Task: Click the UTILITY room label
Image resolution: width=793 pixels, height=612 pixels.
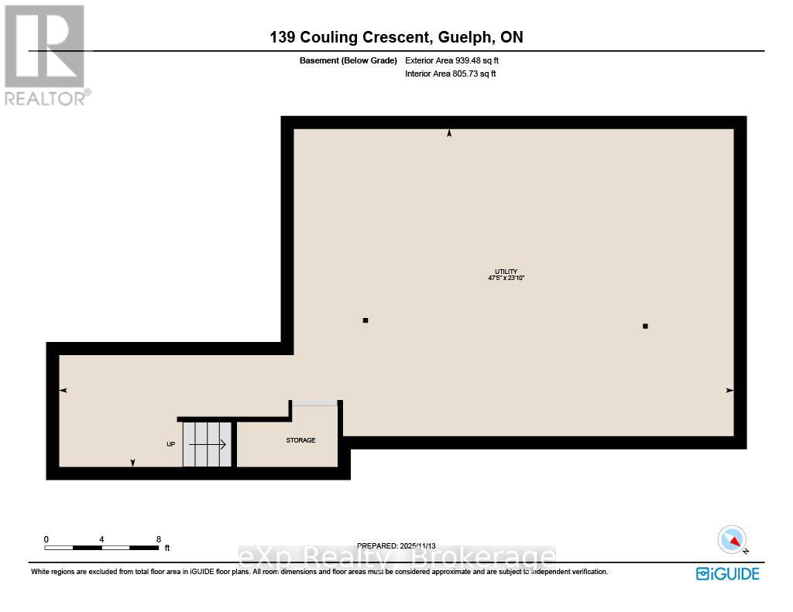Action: [507, 271]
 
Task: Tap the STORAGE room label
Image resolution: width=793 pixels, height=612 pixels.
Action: [300, 440]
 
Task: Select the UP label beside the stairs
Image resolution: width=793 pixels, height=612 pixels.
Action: [170, 444]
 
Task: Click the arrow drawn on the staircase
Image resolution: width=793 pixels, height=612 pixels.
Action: [208, 444]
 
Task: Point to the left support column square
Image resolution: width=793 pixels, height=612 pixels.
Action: [366, 320]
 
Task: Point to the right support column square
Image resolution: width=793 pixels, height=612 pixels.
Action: [645, 327]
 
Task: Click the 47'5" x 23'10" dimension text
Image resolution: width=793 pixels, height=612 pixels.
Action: [507, 278]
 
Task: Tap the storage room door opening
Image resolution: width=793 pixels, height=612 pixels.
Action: [314, 402]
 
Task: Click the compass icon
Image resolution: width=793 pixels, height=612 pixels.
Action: [732, 539]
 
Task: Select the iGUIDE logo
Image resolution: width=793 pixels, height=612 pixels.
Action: [727, 573]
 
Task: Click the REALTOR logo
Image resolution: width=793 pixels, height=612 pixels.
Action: [46, 54]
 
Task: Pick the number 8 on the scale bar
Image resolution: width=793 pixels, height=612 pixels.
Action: [158, 539]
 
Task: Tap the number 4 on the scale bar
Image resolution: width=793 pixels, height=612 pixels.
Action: [102, 539]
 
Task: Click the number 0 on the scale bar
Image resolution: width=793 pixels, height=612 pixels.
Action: [46, 539]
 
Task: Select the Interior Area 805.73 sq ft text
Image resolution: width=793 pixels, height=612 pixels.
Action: [450, 74]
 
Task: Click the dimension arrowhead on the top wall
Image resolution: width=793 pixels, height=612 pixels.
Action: [449, 134]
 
